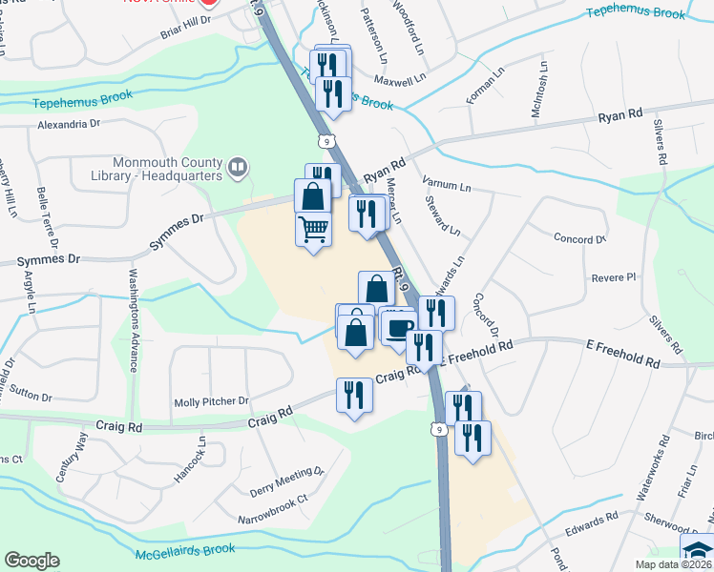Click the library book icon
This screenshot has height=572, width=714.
pos(238,169)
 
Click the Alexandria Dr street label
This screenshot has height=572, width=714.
pos(69,124)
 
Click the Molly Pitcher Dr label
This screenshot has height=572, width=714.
pos(211,402)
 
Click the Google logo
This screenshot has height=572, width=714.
pos(31,561)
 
